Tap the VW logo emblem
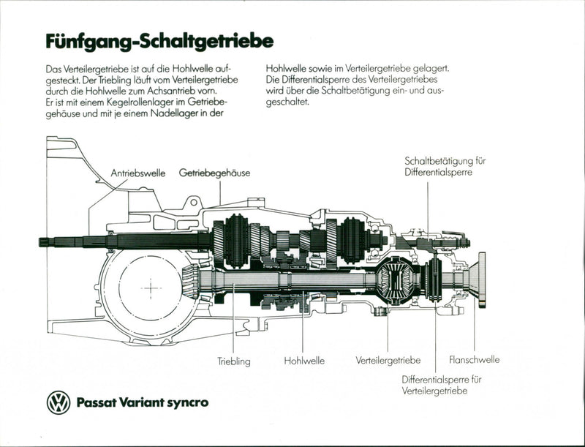[x=58, y=402]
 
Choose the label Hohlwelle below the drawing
[x=303, y=361]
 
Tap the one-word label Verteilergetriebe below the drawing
[x=388, y=361]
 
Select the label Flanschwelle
[x=474, y=360]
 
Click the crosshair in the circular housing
[x=151, y=288]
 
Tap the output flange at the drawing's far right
[x=481, y=279]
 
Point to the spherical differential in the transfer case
[x=398, y=279]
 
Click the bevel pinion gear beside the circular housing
[x=189, y=280]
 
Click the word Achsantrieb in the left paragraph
[x=185, y=91]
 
